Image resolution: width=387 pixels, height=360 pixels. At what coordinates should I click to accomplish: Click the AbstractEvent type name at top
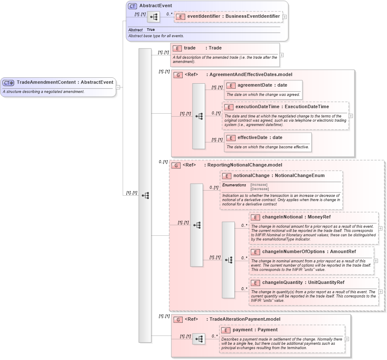[156, 6]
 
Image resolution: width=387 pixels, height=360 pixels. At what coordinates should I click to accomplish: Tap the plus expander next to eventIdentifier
[285, 17]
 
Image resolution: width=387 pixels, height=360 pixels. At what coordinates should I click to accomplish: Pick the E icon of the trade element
[177, 48]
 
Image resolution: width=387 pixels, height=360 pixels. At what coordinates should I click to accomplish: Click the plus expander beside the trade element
[282, 55]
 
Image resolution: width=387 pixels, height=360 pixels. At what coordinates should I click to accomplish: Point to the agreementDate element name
[255, 85]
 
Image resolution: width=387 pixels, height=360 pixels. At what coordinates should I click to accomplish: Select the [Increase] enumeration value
[259, 185]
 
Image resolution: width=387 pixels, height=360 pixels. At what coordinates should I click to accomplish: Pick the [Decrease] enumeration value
[259, 189]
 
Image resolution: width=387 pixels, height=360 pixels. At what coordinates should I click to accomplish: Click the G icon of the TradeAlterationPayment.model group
[178, 320]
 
